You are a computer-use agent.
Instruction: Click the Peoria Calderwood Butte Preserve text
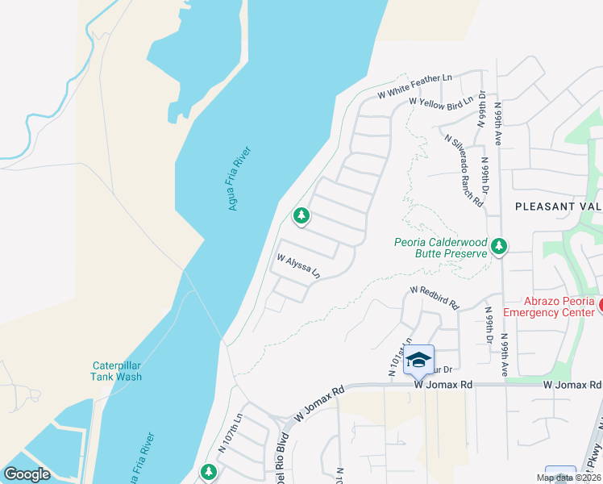pos(440,247)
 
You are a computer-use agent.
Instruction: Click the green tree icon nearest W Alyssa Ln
pos(301,215)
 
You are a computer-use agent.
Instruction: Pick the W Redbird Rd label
pos(434,297)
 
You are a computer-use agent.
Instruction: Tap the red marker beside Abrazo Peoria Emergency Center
pos(600,304)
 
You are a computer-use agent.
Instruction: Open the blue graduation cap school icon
pos(418,360)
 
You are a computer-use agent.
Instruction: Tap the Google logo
pos(27,474)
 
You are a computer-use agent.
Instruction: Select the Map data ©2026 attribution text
pos(568,478)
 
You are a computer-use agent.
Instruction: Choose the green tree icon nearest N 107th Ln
pos(209,470)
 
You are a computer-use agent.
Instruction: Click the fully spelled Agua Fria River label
pos(239,178)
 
